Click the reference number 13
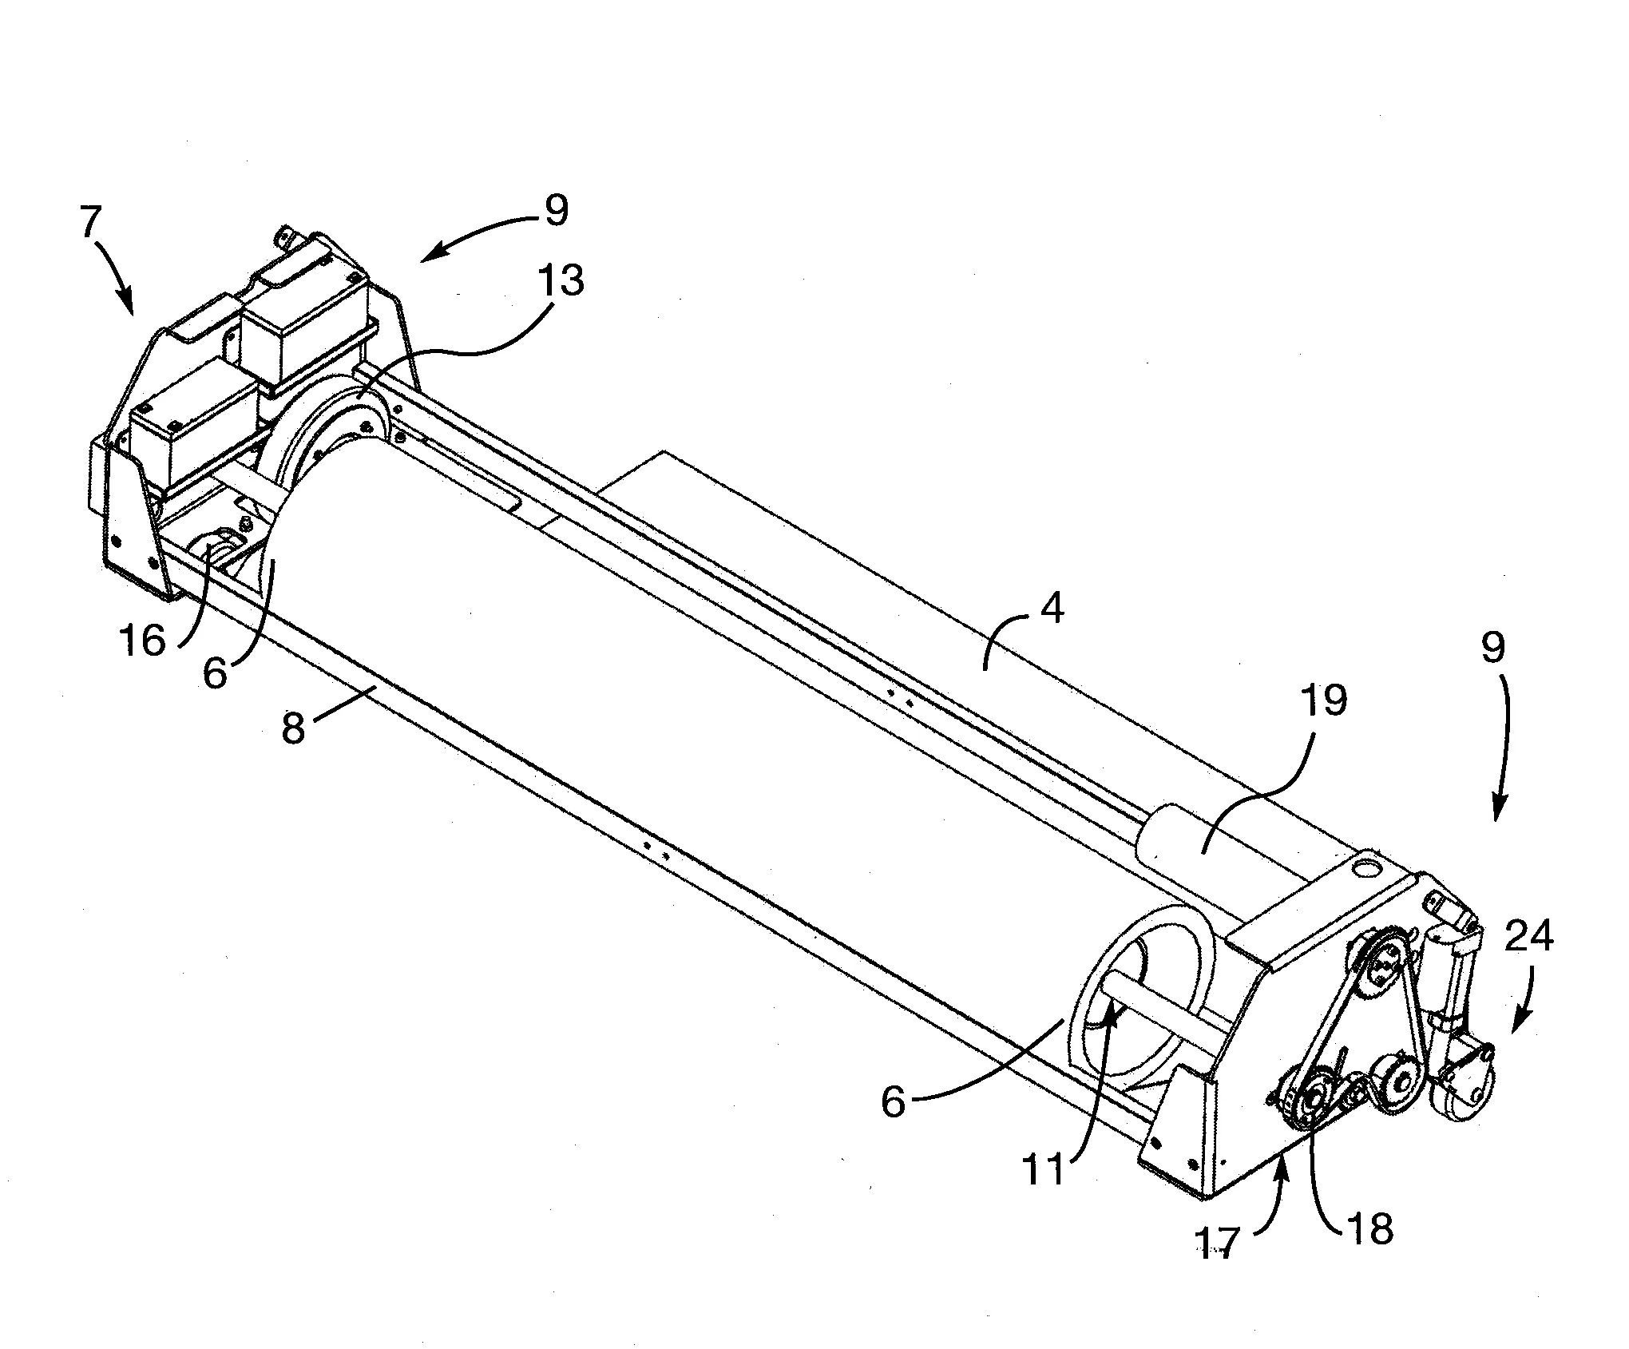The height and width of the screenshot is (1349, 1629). click(561, 281)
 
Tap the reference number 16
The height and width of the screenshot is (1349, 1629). click(145, 639)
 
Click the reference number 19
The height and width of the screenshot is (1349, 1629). click(1323, 700)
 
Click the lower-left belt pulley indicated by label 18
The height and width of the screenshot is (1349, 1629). click(1310, 1104)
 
